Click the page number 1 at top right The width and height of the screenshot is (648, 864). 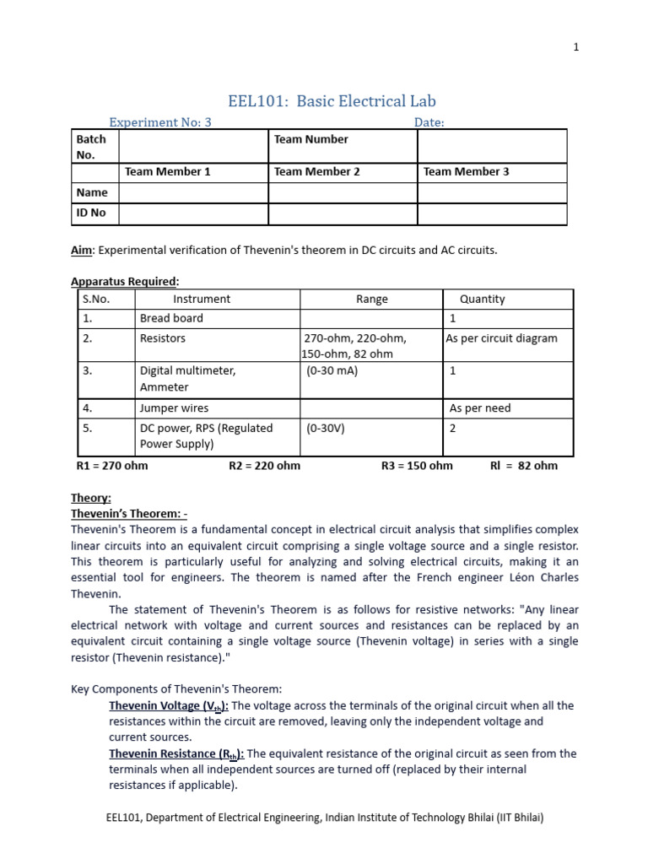click(576, 48)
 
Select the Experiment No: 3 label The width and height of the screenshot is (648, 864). click(160, 122)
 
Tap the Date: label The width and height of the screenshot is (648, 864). click(429, 122)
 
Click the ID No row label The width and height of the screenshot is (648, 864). click(91, 213)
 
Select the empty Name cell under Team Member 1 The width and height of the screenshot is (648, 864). click(193, 193)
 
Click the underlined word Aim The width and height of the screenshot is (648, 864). click(81, 251)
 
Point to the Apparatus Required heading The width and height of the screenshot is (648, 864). click(125, 281)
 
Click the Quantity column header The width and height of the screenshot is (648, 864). click(482, 299)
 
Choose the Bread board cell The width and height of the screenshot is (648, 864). click(171, 319)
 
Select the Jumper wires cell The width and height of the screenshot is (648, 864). click(174, 408)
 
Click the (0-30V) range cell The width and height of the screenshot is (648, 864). click(326, 428)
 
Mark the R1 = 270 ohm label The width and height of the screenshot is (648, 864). click(112, 466)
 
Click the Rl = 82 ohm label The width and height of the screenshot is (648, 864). click(523, 466)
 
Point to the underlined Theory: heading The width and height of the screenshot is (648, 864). click(90, 499)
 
